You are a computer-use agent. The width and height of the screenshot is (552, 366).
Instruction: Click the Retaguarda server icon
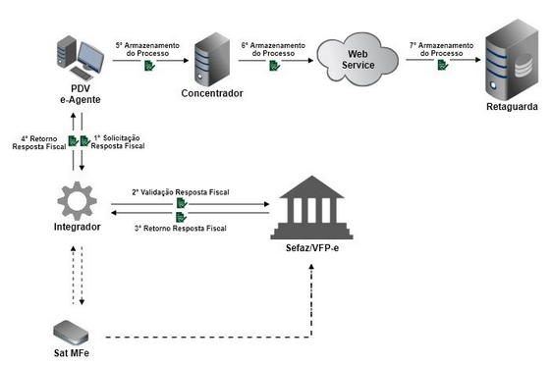[512, 59]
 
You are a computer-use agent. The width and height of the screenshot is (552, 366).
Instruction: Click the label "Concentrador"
[211, 93]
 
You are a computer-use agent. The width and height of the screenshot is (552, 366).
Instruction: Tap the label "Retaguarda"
[512, 107]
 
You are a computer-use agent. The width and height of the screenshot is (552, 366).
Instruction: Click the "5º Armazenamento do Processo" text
[147, 48]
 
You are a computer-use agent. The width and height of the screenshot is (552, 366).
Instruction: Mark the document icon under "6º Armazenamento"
[274, 66]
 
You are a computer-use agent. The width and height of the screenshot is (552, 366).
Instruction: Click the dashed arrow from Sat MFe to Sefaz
[196, 338]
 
